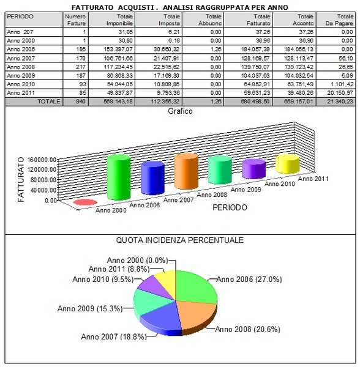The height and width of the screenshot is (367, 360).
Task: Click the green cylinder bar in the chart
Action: pyautogui.click(x=119, y=177)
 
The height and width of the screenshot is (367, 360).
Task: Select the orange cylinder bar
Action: pyautogui.click(x=186, y=171)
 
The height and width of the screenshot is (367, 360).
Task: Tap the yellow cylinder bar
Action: pyautogui.click(x=287, y=164)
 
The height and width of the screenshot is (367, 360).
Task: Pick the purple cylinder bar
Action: pyautogui.click(x=253, y=169)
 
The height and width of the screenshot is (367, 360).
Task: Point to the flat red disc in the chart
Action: pyautogui.click(x=85, y=202)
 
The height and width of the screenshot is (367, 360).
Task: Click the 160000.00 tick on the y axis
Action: pyautogui.click(x=42, y=160)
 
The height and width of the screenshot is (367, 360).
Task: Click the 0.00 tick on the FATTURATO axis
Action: pyautogui.click(x=51, y=201)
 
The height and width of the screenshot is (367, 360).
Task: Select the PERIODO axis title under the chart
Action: pyautogui.click(x=230, y=207)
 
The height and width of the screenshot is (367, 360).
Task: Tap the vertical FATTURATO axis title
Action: pyautogui.click(x=21, y=179)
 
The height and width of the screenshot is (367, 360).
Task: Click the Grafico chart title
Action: pyautogui.click(x=180, y=111)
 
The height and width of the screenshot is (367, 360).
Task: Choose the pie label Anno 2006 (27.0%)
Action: pyautogui.click(x=249, y=280)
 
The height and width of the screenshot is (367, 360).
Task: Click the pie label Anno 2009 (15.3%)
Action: pyautogui.click(x=90, y=308)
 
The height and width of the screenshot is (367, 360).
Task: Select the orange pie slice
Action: pyautogui.click(x=197, y=315)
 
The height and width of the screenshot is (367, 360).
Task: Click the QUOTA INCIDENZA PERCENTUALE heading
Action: pyautogui.click(x=180, y=240)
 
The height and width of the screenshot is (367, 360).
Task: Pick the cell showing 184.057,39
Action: pyautogui.click(x=255, y=50)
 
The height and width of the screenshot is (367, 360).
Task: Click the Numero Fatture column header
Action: pyautogui.click(x=75, y=20)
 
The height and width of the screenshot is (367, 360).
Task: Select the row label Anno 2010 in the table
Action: pyautogui.click(x=21, y=84)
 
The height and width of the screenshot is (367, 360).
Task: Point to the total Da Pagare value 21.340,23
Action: pyautogui.click(x=340, y=102)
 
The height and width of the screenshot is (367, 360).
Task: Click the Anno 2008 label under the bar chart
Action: pyautogui.click(x=212, y=195)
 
